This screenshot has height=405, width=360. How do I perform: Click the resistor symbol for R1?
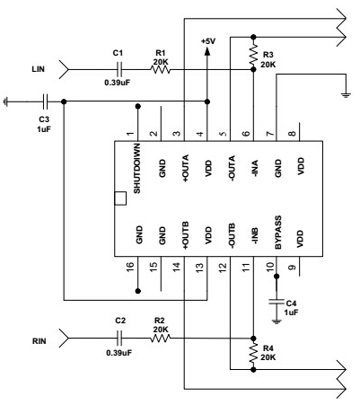pyautogui.click(x=160, y=70)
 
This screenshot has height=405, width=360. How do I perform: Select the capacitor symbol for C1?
pyautogui.click(x=119, y=70)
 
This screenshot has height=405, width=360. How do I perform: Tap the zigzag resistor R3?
pyautogui.click(x=253, y=56)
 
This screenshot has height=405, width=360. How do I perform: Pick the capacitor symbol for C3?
pyautogui.click(x=45, y=101)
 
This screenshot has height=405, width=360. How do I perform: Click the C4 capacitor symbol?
pyautogui.click(x=277, y=302)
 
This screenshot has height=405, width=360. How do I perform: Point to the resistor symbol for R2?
pyautogui.click(x=160, y=339)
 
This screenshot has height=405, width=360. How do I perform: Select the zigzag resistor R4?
pyautogui.click(x=253, y=354)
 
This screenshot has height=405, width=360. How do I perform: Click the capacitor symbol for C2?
pyautogui.click(x=119, y=339)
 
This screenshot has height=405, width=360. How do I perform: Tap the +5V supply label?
pyautogui.click(x=208, y=41)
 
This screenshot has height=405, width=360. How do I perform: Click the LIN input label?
pyautogui.click(x=38, y=69)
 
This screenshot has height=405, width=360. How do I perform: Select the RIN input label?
pyautogui.click(x=40, y=341)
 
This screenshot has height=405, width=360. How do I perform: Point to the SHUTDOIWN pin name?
pyautogui.click(x=137, y=168)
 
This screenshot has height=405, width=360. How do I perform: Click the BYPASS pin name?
pyautogui.click(x=278, y=233)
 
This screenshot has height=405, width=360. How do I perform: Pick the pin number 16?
pyautogui.click(x=130, y=266)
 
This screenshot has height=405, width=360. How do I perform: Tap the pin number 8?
pyautogui.click(x=292, y=134)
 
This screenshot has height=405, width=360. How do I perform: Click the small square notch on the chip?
pyautogui.click(x=120, y=198)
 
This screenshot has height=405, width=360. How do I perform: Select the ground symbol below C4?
pyautogui.click(x=277, y=321)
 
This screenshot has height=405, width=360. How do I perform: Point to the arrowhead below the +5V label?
pyautogui.click(x=206, y=51)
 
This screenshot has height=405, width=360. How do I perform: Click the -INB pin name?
pyautogui.click(x=255, y=236)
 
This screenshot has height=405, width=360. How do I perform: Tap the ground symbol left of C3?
pyautogui.click(x=5, y=101)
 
